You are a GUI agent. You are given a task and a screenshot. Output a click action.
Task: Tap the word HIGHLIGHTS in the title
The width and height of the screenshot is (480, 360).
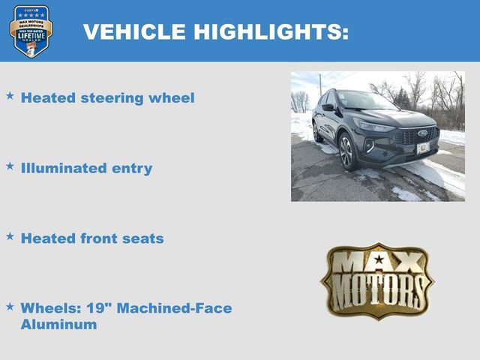pos(271,32)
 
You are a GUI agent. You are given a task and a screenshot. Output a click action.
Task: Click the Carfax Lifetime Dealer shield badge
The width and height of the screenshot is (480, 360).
pos(31,31)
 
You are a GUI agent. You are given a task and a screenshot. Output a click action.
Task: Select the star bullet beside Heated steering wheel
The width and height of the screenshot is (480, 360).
pos(10,96)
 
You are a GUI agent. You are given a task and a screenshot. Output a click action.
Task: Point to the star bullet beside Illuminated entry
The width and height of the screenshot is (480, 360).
pos(10,166)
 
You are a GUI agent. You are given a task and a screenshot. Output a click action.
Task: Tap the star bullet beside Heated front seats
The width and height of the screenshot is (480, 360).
pos(10,236)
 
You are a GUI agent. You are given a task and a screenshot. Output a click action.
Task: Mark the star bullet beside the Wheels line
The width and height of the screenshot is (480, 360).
pos(10,306)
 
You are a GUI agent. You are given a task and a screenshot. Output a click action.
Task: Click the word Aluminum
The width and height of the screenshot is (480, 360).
pos(58,325)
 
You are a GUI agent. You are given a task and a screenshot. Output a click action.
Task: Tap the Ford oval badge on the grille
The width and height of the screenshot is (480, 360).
pos(422,133)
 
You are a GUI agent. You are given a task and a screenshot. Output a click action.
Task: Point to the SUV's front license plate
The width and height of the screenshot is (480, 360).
pos(423,148)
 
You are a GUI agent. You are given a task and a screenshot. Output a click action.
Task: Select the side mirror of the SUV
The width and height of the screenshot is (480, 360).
pos(328,107)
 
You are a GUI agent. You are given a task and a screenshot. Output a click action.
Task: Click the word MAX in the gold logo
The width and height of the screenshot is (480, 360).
pos(377,262)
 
